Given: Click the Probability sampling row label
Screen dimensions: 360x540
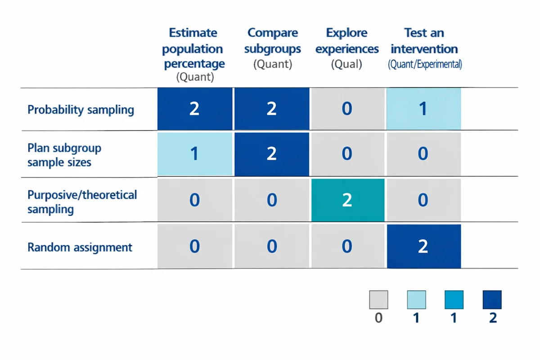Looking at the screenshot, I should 81,110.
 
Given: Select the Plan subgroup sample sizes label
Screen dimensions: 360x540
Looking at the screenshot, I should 64,155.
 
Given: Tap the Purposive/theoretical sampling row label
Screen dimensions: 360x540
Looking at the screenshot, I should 82,202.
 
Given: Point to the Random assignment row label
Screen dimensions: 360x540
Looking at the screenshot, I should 80,247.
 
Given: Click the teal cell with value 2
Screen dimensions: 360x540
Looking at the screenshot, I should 347,200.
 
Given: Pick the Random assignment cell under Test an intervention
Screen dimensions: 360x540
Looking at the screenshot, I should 423,246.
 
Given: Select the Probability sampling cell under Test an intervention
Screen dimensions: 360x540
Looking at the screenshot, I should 423,109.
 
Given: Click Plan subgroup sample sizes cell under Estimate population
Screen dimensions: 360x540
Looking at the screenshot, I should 194,154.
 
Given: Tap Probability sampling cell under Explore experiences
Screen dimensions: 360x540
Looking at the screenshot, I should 347,109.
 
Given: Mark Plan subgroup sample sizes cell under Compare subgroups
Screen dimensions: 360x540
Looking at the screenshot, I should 271,154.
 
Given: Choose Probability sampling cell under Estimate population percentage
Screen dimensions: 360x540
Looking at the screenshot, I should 194,109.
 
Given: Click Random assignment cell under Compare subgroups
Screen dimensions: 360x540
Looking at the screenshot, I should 271,246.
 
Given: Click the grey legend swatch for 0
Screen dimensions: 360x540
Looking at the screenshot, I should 378,300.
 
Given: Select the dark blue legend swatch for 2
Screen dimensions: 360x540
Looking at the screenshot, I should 492,300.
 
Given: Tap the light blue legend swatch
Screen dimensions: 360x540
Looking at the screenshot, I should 416,300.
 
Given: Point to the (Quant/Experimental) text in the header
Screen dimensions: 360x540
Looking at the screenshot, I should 425,64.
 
